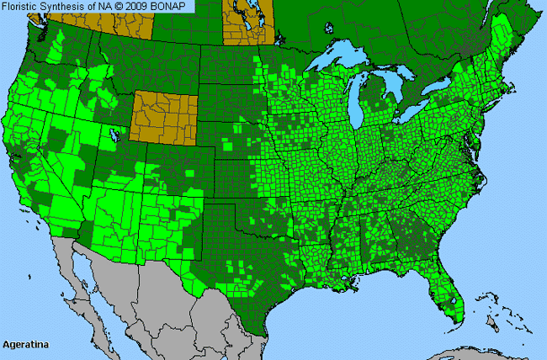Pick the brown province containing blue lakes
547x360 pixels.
(248, 21)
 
